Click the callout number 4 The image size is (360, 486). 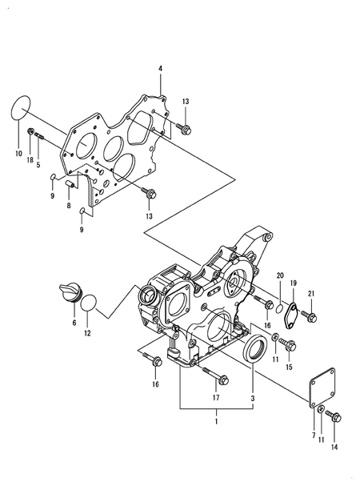[x=160, y=69]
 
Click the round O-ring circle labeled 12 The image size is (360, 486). [x=90, y=303]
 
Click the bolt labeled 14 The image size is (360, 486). [x=334, y=416]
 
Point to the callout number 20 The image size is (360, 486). [x=280, y=276]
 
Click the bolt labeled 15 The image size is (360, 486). [x=290, y=346]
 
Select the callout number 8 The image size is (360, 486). [x=69, y=205]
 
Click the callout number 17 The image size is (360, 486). [x=216, y=398]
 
